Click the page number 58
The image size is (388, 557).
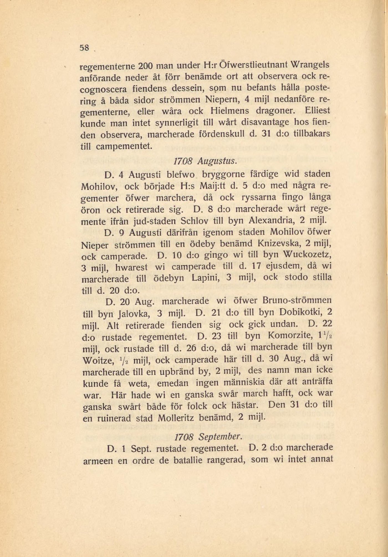[x=85, y=48]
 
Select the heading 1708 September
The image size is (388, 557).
[x=209, y=437]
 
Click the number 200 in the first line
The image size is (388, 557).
[x=144, y=67]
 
